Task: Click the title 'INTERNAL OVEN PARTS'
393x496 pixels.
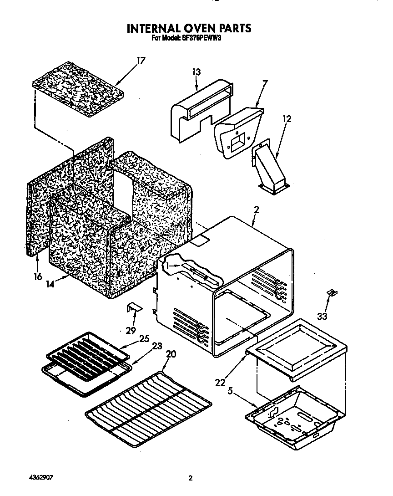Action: [189, 28]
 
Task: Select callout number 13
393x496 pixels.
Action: [196, 72]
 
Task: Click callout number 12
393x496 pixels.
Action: [287, 119]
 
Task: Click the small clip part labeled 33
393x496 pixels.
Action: [333, 292]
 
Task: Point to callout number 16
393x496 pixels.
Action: [37, 276]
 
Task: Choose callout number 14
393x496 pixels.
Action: [50, 283]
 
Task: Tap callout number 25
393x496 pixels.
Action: [145, 339]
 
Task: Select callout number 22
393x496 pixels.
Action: [220, 383]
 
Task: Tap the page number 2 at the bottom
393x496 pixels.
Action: [191, 478]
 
